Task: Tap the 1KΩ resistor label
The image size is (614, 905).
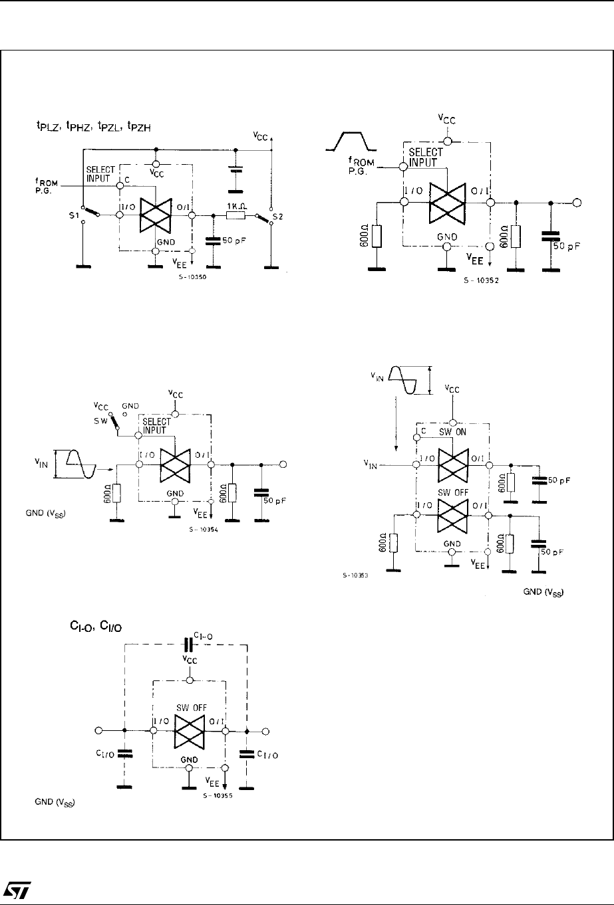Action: coord(236,205)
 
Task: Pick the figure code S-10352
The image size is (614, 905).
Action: coord(480,280)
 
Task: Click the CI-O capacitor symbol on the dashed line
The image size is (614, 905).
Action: coord(188,644)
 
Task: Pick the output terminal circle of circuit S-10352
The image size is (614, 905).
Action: coord(577,203)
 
